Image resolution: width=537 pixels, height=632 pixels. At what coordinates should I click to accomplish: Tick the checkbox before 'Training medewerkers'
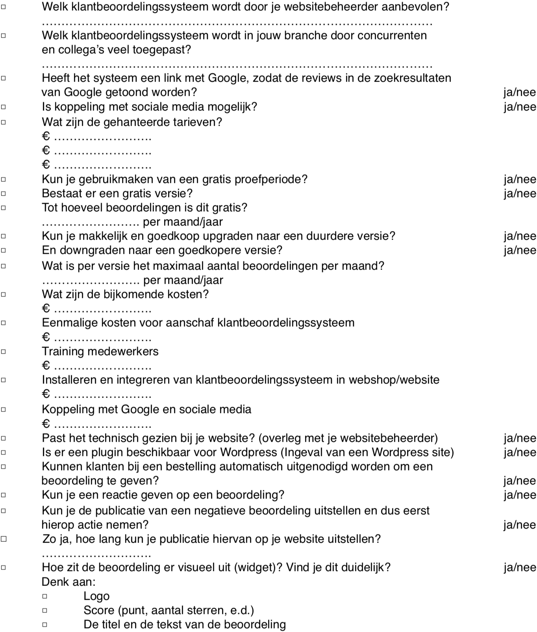pos(4,351)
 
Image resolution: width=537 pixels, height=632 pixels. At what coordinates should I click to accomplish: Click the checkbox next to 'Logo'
pos(45,596)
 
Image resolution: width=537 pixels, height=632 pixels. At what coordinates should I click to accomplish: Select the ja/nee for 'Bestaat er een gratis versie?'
pos(520,193)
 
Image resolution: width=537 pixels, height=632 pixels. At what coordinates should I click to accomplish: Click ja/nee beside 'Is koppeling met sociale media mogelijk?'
pos(520,107)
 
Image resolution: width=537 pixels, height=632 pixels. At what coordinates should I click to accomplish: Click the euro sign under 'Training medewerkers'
pos(46,366)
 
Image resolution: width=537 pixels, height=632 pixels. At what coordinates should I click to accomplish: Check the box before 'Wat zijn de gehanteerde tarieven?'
pos(4,122)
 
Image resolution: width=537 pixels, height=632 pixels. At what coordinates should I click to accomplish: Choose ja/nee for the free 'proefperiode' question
pos(520,179)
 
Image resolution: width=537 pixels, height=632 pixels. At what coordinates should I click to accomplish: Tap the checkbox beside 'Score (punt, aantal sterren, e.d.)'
pos(45,610)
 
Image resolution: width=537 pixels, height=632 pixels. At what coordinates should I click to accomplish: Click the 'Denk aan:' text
pos(69,582)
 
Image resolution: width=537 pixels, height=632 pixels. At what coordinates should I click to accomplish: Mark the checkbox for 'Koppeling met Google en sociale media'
pos(4,409)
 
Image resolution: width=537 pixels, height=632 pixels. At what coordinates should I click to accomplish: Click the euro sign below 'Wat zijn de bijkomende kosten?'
pos(46,309)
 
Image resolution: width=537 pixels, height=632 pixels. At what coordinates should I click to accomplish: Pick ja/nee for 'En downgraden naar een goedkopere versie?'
pos(520,250)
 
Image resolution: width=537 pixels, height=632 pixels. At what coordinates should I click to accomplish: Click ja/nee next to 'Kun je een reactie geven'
pos(520,495)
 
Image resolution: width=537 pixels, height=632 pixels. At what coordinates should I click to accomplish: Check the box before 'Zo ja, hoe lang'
pos(4,539)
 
